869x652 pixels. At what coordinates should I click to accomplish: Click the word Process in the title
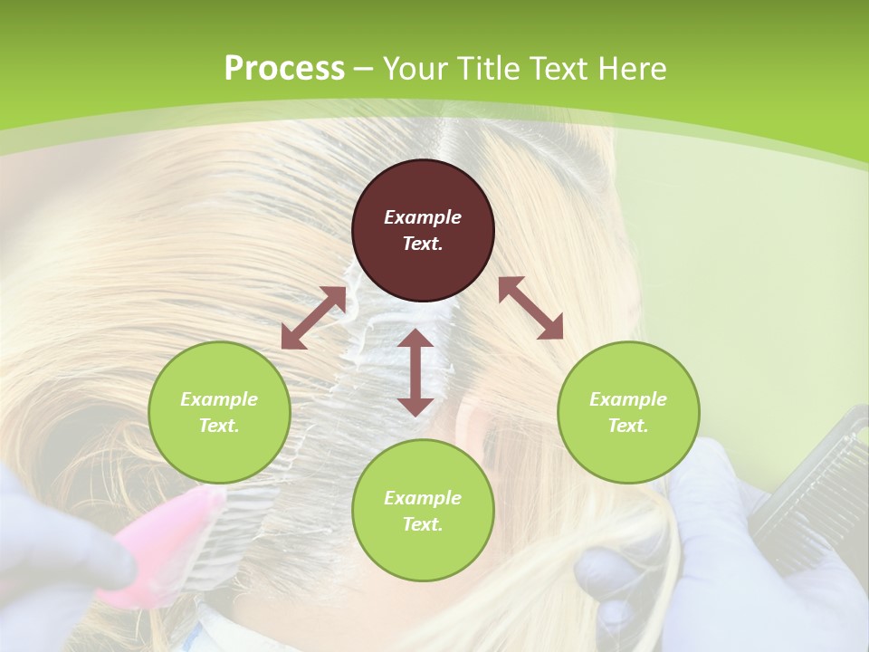tap(284, 69)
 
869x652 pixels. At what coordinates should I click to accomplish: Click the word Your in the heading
tap(415, 69)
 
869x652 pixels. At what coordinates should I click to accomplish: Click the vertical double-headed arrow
tap(415, 372)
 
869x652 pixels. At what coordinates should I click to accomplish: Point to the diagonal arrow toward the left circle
tap(313, 318)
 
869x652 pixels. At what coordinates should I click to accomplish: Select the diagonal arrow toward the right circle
tap(530, 308)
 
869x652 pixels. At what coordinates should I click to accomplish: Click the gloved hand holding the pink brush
tap(54, 561)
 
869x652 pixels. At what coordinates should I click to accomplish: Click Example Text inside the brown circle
tap(423, 230)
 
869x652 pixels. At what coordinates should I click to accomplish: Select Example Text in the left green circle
tap(219, 412)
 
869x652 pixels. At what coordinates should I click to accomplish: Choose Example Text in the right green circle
tap(628, 412)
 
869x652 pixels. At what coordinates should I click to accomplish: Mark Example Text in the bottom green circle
tap(423, 511)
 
